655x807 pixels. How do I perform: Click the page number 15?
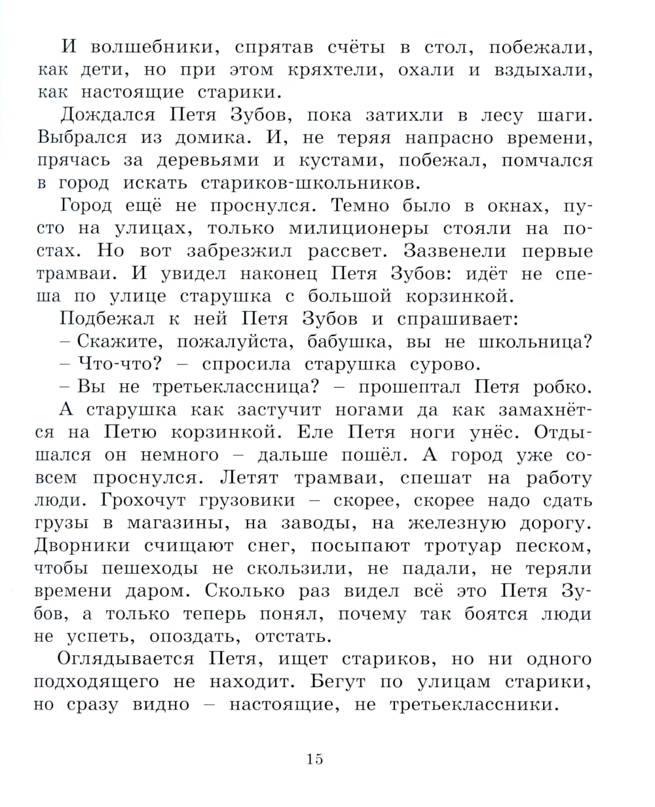[x=314, y=759]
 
